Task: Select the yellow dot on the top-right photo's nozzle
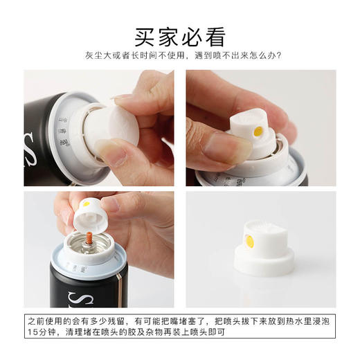pos(258,131)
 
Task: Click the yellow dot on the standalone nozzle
pos(249,242)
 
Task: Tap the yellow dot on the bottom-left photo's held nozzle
pos(85,204)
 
